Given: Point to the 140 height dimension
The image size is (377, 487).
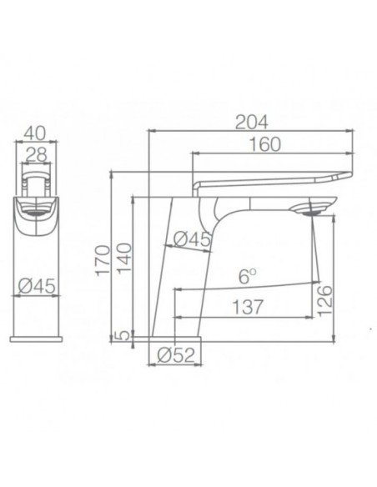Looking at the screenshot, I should pos(123,260).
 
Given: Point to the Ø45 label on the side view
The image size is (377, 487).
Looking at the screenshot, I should pos(191,239).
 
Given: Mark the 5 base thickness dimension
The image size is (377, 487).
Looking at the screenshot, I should pos(123,336).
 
